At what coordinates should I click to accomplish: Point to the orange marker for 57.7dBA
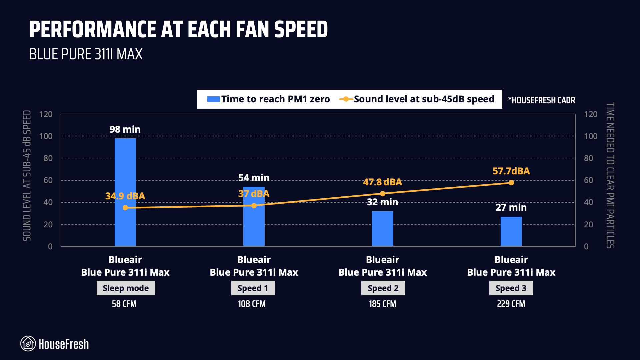[x=511, y=183]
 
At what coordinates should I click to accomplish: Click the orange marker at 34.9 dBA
[x=125, y=208]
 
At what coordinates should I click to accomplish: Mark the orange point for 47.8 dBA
[x=382, y=194]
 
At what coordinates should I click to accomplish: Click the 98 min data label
[x=125, y=129]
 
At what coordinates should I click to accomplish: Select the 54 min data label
[x=254, y=178]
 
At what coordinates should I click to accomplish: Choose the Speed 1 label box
[x=253, y=288]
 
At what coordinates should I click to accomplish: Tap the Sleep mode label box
[x=126, y=288]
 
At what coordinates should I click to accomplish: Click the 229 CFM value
[x=511, y=304]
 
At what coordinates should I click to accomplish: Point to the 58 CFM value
[x=124, y=304]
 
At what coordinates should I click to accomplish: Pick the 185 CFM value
[x=382, y=304]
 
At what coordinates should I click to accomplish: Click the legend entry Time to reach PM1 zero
[x=268, y=99]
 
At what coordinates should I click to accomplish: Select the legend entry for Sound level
[x=417, y=99]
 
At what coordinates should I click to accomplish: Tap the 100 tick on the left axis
[x=46, y=136]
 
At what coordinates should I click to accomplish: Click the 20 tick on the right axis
[x=588, y=224]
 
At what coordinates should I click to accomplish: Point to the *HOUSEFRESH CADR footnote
[x=541, y=100]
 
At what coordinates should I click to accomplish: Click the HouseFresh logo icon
[x=28, y=344]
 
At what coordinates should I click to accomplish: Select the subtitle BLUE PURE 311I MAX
[x=86, y=54]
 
